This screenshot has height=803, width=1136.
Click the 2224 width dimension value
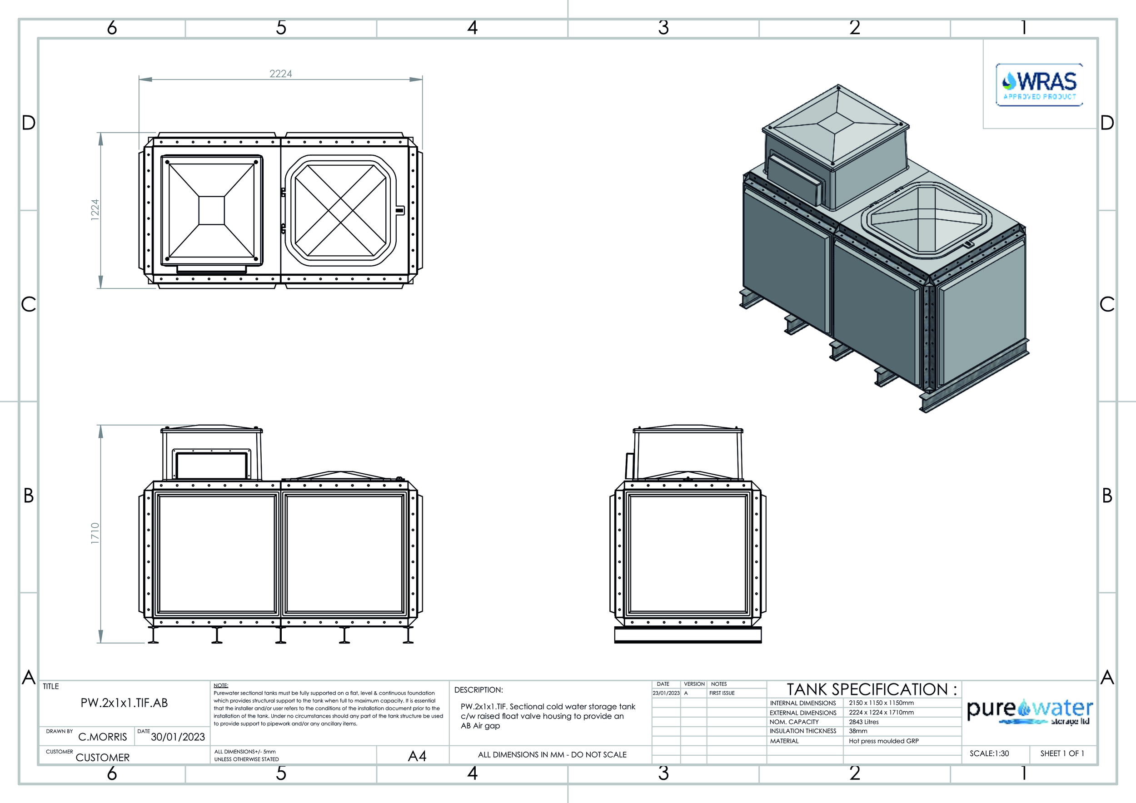(280, 74)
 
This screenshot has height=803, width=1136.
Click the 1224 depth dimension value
(95, 210)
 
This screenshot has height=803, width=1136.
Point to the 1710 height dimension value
(95, 534)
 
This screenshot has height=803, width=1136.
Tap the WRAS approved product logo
(1039, 84)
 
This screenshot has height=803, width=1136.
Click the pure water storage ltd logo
(1030, 712)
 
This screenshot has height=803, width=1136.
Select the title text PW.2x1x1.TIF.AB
(124, 703)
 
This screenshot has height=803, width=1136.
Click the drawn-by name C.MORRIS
(102, 737)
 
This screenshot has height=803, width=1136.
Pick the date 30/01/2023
(178, 737)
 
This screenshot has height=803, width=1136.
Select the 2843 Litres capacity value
(864, 722)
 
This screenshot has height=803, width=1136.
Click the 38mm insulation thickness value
(858, 731)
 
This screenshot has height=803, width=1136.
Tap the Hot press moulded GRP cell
(884, 741)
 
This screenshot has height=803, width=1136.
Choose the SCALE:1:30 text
(989, 753)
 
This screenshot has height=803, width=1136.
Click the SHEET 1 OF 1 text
(1062, 753)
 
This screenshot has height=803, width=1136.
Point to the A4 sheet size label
(417, 756)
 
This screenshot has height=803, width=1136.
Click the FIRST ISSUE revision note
(722, 693)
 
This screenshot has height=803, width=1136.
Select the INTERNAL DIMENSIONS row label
(802, 703)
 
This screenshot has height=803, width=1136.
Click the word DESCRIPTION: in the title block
(478, 690)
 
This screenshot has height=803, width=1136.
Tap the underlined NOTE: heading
(221, 685)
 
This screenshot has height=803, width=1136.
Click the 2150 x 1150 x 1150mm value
(881, 703)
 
